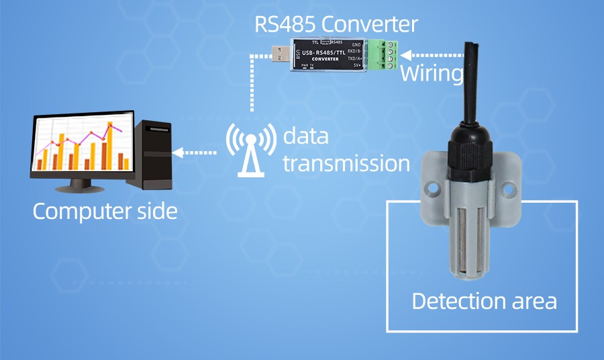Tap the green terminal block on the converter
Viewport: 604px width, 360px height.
(x=383, y=54)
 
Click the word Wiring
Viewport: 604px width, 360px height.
(x=432, y=73)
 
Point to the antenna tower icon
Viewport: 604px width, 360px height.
(x=250, y=151)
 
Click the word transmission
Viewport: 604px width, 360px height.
(x=346, y=163)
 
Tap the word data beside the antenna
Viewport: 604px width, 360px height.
(x=305, y=136)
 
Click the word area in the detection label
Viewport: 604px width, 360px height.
(x=534, y=301)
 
